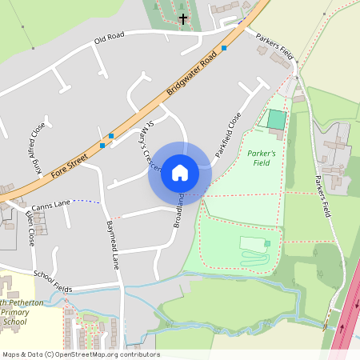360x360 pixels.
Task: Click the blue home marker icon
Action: (x=180, y=172)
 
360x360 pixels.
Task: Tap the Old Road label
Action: (x=110, y=38)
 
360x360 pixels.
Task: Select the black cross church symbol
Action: (x=183, y=18)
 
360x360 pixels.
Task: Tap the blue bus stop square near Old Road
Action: (x=224, y=49)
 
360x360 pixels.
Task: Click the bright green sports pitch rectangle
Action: (x=276, y=119)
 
